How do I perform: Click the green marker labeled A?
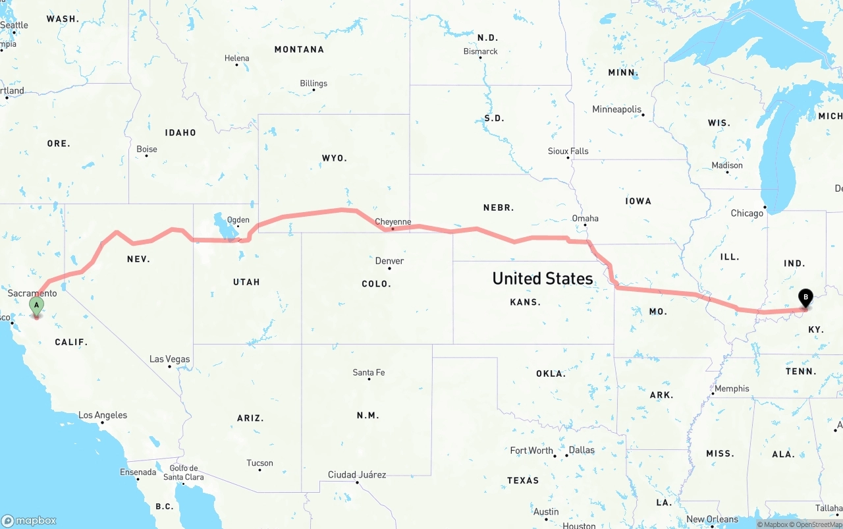tap(36, 305)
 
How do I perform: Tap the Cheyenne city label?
tap(393, 222)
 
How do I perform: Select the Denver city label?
tap(389, 261)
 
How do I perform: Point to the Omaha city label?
tap(585, 218)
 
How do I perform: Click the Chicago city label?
tap(747, 213)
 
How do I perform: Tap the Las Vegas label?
tap(169, 359)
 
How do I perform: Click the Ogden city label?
tap(238, 220)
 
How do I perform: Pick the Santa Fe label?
tap(369, 372)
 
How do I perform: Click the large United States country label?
tap(543, 279)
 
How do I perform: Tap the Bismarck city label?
tap(480, 51)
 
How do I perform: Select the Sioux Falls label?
tap(568, 151)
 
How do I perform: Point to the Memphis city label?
tap(732, 389)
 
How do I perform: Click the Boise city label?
tap(146, 149)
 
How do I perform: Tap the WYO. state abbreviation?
tap(334, 158)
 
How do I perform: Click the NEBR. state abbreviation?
tap(498, 208)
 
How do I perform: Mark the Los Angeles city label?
tap(103, 415)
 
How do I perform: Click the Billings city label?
tap(313, 84)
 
